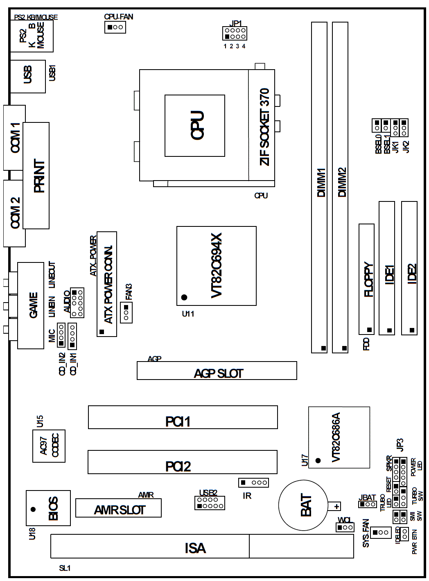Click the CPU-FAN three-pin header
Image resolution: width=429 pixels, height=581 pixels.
pos(115,27)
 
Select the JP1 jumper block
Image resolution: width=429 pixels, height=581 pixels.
pos(235,33)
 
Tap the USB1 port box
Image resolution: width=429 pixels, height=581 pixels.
pos(27,77)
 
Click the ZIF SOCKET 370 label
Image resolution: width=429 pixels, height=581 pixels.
pos(264,127)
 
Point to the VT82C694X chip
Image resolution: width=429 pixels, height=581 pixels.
pos(216,266)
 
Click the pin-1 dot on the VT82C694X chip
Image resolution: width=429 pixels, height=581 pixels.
pos(184,297)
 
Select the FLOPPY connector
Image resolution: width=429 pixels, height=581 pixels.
pos(366,279)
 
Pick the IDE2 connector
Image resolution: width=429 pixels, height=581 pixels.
pos(409,268)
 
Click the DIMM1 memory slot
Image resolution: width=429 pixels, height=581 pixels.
pos(319,187)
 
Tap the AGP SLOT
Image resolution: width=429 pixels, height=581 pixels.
pos(217,371)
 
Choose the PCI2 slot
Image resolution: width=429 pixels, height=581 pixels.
pos(182,462)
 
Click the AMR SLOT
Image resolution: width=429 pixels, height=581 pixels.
pos(118,508)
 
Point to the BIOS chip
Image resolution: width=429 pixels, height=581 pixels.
pos(48,508)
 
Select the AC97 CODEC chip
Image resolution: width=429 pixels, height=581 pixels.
pos(49,446)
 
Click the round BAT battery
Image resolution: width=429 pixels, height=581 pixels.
pos(303,505)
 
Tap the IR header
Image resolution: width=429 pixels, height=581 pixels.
pos(253,482)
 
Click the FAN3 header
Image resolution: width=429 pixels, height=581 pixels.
pos(126,312)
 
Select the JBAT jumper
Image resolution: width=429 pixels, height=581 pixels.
pos(367,504)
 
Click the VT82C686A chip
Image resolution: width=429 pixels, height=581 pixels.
pos(339,437)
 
